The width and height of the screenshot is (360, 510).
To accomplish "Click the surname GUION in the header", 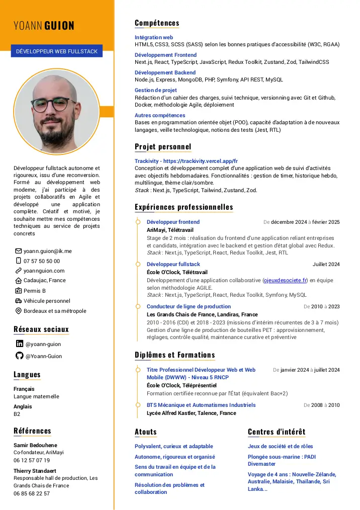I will tap(59, 26).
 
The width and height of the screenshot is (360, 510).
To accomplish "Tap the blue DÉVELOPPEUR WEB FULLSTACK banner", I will tap(57, 51).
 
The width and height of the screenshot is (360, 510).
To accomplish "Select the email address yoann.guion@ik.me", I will tap(48, 251).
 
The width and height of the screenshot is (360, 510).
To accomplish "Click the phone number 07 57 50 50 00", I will tap(42, 261).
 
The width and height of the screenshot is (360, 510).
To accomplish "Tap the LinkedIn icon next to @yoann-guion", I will tap(20, 344).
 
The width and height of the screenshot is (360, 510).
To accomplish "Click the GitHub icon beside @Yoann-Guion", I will tap(20, 356).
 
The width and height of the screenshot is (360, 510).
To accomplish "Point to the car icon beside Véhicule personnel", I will tap(19, 301).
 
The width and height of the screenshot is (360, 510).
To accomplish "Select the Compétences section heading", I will tap(157, 23).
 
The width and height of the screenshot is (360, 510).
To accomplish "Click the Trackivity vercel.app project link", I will tap(186, 161).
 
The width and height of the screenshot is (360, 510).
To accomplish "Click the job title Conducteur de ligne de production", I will tap(189, 306).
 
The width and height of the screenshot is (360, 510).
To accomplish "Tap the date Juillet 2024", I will tap(326, 264).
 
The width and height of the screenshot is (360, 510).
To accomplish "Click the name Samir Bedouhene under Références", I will tap(35, 445).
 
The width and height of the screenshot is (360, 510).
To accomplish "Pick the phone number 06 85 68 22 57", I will tap(32, 493).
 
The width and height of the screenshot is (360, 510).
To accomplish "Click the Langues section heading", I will tap(27, 375).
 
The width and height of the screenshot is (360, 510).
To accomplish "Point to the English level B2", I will tap(17, 414).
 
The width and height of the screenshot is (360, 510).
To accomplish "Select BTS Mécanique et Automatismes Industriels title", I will tap(201, 405).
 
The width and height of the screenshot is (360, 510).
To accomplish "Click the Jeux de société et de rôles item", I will tap(280, 446).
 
